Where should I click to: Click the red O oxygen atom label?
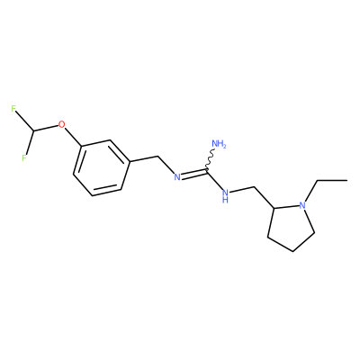point(61,124)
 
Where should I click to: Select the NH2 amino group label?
point(219,144)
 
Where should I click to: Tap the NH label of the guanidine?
point(225,194)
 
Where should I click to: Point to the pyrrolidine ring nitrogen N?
point(302,205)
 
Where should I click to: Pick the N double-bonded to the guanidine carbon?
point(177,177)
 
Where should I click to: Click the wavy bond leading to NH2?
point(211,159)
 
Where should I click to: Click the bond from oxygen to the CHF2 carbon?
point(46,128)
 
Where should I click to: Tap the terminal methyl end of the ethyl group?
point(347,180)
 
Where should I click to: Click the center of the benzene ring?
point(102,168)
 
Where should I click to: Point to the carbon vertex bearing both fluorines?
point(33,131)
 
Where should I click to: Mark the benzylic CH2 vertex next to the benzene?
point(157,156)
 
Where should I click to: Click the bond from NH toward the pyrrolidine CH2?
point(242,189)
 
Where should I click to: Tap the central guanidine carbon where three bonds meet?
point(207,170)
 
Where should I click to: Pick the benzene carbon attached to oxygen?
point(82,147)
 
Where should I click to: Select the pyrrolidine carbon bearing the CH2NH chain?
point(274,208)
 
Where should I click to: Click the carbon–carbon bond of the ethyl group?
point(332,180)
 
